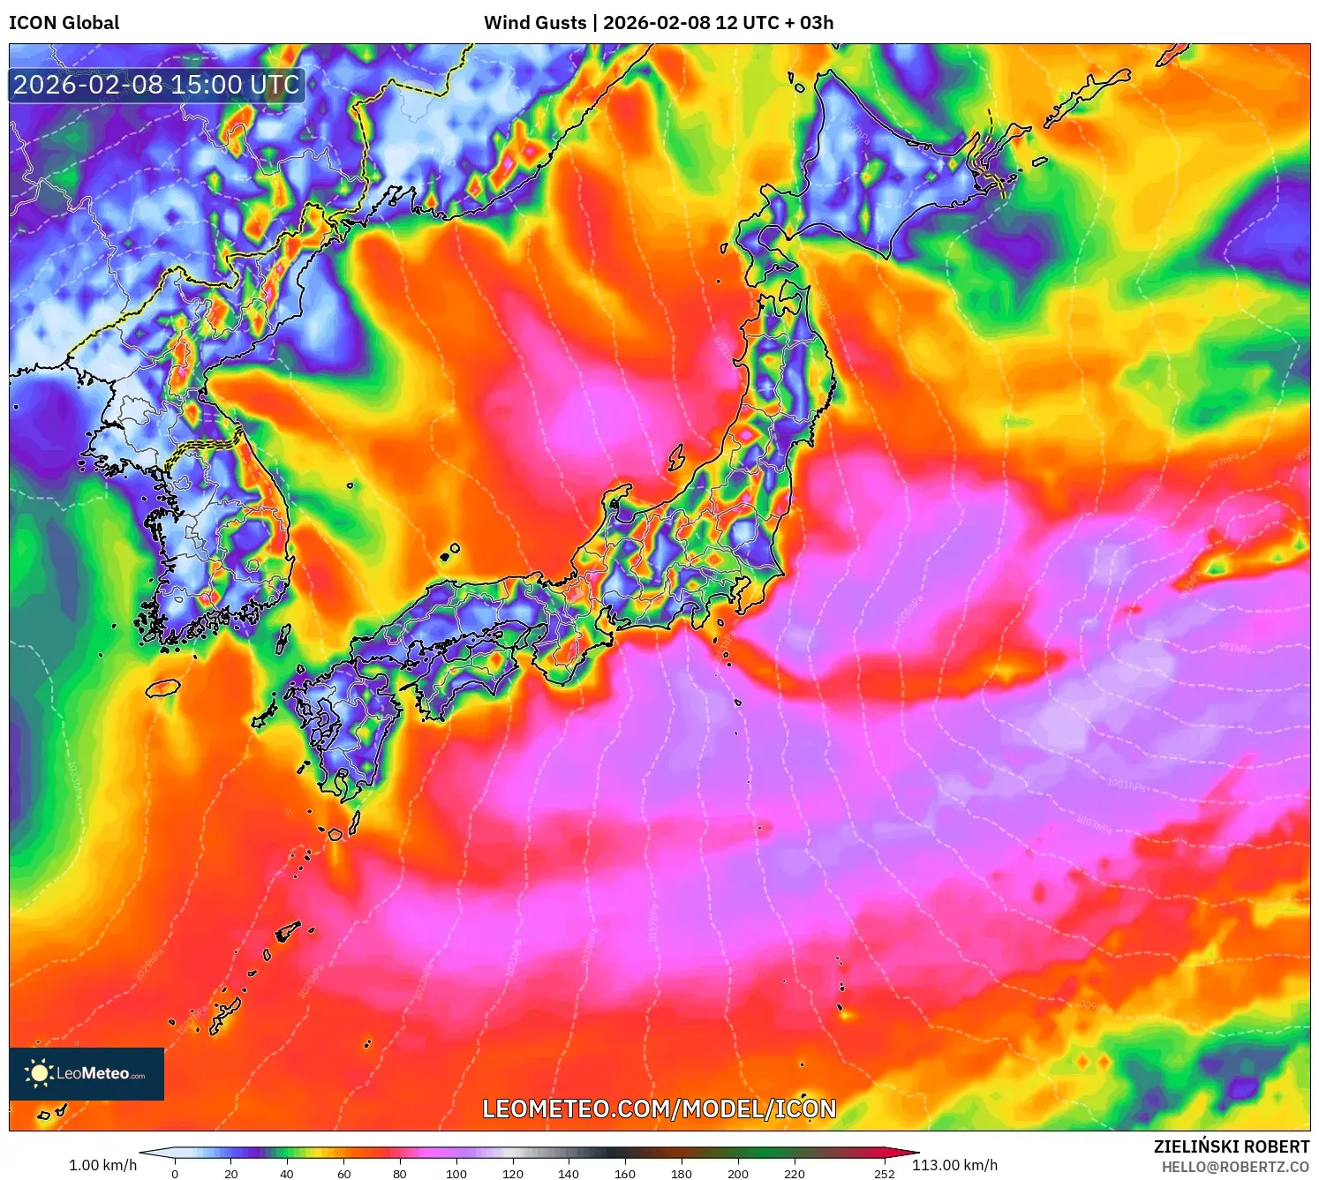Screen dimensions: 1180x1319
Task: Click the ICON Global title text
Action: [x=64, y=23]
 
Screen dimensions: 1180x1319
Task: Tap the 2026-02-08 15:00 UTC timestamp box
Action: [x=156, y=86]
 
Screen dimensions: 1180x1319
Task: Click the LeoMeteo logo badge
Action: [x=87, y=1073]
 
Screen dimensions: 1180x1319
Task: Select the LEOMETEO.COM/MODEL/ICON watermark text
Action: [x=659, y=1109]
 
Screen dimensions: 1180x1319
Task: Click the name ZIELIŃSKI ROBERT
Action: [x=1231, y=1146]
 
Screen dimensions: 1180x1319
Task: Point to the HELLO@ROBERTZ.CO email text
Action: [x=1234, y=1167]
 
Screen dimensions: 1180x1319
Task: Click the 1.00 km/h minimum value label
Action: [x=102, y=1165]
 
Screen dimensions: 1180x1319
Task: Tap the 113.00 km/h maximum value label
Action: [x=954, y=1165]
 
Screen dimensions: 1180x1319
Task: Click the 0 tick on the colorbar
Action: [x=175, y=1174]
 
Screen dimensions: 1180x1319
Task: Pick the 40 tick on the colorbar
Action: [x=287, y=1174]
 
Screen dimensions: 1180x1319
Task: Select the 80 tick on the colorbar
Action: [x=400, y=1174]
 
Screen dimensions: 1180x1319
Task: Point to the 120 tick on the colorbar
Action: [x=512, y=1174]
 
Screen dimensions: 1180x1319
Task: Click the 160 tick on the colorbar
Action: [x=625, y=1174]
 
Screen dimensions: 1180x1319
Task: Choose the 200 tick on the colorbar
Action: [x=737, y=1174]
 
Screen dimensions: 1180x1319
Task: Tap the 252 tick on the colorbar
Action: [x=884, y=1174]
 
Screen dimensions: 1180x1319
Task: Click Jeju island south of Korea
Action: [x=163, y=688]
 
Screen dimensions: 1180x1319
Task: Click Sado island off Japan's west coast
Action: [x=677, y=458]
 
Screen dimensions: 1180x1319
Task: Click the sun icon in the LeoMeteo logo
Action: [x=39, y=1073]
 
